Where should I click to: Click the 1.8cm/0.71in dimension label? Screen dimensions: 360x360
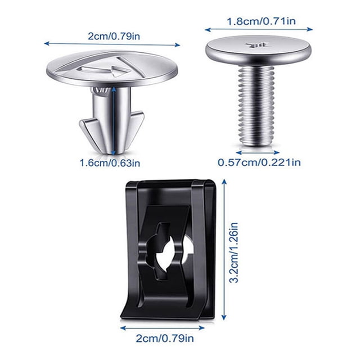pos(261,21)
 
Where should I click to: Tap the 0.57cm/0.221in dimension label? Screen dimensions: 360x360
pos(259,163)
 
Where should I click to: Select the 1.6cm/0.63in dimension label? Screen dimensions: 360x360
pos(110,163)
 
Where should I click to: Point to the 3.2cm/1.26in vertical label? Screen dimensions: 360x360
pos(235,253)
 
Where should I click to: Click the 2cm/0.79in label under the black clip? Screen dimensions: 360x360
pos(165,339)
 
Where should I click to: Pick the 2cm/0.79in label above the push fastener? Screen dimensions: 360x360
pos(114,36)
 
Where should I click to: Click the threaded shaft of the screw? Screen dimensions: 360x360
pos(256,106)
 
